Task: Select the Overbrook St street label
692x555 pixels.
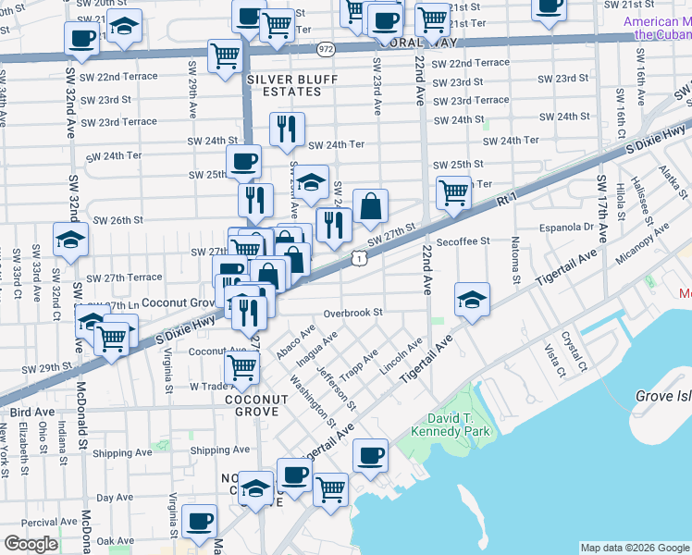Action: click(352, 314)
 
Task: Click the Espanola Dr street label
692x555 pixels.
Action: click(567, 227)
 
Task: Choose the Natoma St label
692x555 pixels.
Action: click(514, 263)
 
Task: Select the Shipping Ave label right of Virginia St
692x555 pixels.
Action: click(220, 450)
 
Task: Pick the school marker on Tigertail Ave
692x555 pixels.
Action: click(472, 300)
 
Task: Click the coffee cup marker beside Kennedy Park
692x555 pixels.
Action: click(370, 455)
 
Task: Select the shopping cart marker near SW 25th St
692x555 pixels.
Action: click(452, 192)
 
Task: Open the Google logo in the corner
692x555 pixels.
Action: click(31, 544)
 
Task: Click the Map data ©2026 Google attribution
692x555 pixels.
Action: click(635, 548)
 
